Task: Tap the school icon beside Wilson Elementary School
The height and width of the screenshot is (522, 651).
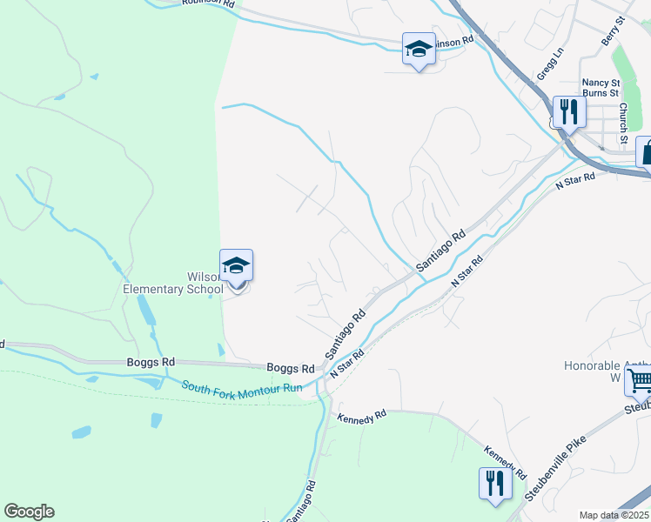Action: click(x=236, y=266)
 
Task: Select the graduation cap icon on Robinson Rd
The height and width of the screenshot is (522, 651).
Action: click(x=419, y=50)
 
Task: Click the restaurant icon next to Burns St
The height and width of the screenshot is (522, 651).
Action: click(x=568, y=112)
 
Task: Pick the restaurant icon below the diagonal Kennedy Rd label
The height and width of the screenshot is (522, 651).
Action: click(x=494, y=484)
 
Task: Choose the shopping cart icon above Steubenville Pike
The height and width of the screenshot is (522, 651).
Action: click(x=639, y=380)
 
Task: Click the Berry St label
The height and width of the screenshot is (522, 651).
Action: click(x=614, y=31)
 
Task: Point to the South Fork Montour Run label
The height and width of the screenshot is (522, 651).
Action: click(x=241, y=386)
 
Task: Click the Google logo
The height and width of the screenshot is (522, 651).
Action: click(x=29, y=512)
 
